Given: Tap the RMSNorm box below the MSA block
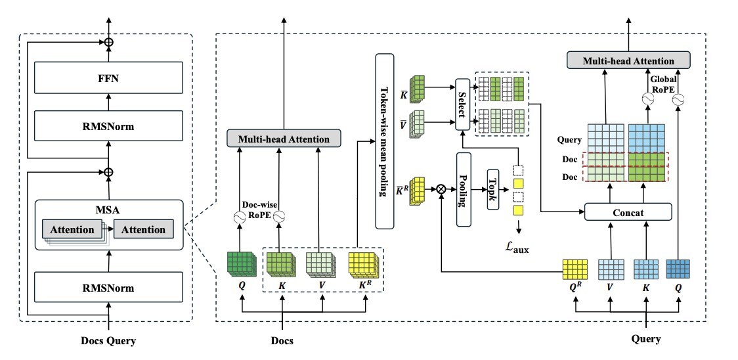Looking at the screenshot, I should click(x=108, y=288).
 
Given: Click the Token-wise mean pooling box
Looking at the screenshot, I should click(x=384, y=141).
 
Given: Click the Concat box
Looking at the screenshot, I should click(x=628, y=212).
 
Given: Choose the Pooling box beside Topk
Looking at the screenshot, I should click(x=464, y=189).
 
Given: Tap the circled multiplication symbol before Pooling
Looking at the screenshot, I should click(x=441, y=189).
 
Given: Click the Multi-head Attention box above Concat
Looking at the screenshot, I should click(x=629, y=61).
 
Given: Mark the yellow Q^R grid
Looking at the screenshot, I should click(x=575, y=269).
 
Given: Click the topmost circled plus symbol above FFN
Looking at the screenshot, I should click(x=109, y=43).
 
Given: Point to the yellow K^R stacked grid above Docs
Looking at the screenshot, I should click(x=363, y=264).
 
